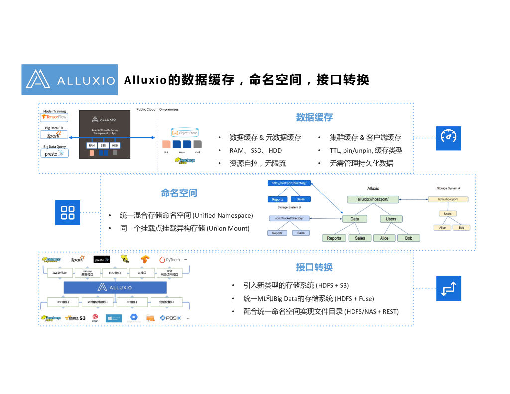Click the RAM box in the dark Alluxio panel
92,145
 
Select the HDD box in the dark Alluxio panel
115,145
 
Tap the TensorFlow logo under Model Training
54,117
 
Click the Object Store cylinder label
185,133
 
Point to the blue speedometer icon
449,137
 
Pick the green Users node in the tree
391,219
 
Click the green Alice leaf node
384,238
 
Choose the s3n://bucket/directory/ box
289,218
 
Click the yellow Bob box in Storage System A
461,227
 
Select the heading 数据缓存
314,117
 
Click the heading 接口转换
314,267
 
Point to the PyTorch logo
169,260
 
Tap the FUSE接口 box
111,273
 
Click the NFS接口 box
132,302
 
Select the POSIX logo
171,317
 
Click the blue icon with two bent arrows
449,289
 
